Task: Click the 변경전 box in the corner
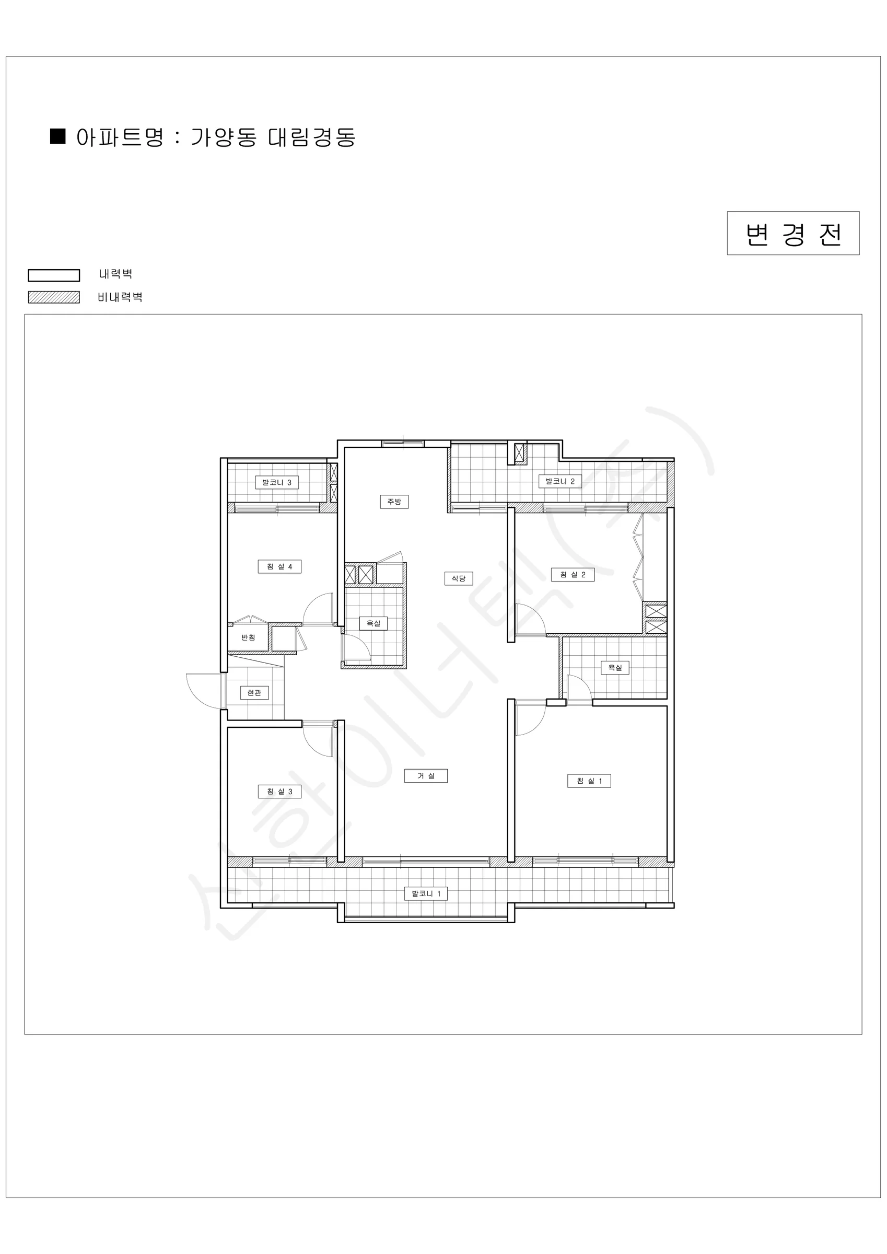click(x=793, y=233)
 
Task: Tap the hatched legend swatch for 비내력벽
click(x=54, y=297)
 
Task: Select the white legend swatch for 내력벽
click(x=54, y=275)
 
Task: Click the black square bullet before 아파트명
click(x=58, y=136)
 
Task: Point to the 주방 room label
click(x=394, y=502)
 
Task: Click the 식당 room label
click(x=459, y=578)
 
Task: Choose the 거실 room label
click(x=426, y=775)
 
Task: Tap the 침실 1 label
click(x=589, y=781)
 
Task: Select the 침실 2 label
click(x=573, y=575)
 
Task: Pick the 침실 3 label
click(x=279, y=792)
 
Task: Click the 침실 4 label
click(x=279, y=566)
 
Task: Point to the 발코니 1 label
click(x=426, y=893)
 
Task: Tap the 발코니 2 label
click(x=561, y=481)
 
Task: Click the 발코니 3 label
click(x=277, y=482)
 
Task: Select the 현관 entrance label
click(x=254, y=692)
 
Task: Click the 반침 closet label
click(x=249, y=637)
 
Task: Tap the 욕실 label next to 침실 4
click(x=374, y=623)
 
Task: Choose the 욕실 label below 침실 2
click(x=615, y=667)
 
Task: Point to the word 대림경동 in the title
click(x=312, y=137)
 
